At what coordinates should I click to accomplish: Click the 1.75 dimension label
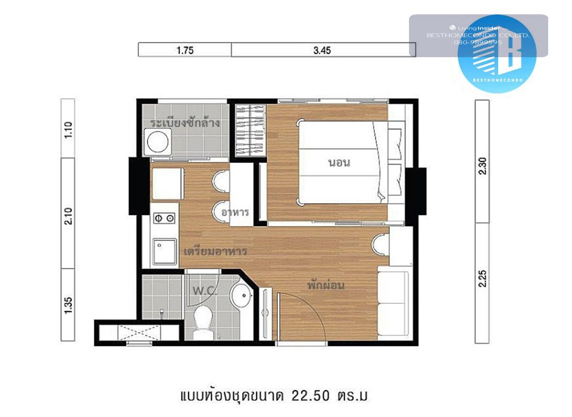(x=185, y=51)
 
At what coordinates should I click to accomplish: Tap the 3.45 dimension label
(x=322, y=51)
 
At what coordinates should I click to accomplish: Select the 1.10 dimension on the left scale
(x=68, y=130)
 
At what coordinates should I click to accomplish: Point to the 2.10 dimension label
(x=68, y=216)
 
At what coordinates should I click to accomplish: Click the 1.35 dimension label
(x=68, y=305)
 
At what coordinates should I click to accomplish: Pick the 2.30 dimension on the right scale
(x=482, y=166)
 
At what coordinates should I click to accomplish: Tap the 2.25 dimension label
(x=482, y=279)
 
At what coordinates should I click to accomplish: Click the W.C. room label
(x=205, y=291)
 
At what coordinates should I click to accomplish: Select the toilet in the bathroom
(x=203, y=323)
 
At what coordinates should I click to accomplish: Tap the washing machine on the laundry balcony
(x=158, y=142)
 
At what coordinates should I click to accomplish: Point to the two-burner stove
(x=164, y=218)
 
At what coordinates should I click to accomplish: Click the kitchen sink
(x=165, y=252)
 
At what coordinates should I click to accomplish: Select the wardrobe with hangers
(x=250, y=130)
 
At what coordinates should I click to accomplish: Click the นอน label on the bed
(x=339, y=163)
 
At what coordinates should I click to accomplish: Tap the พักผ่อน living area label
(x=326, y=285)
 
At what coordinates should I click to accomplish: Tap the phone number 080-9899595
(x=478, y=42)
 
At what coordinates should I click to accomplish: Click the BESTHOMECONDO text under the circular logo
(x=498, y=80)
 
